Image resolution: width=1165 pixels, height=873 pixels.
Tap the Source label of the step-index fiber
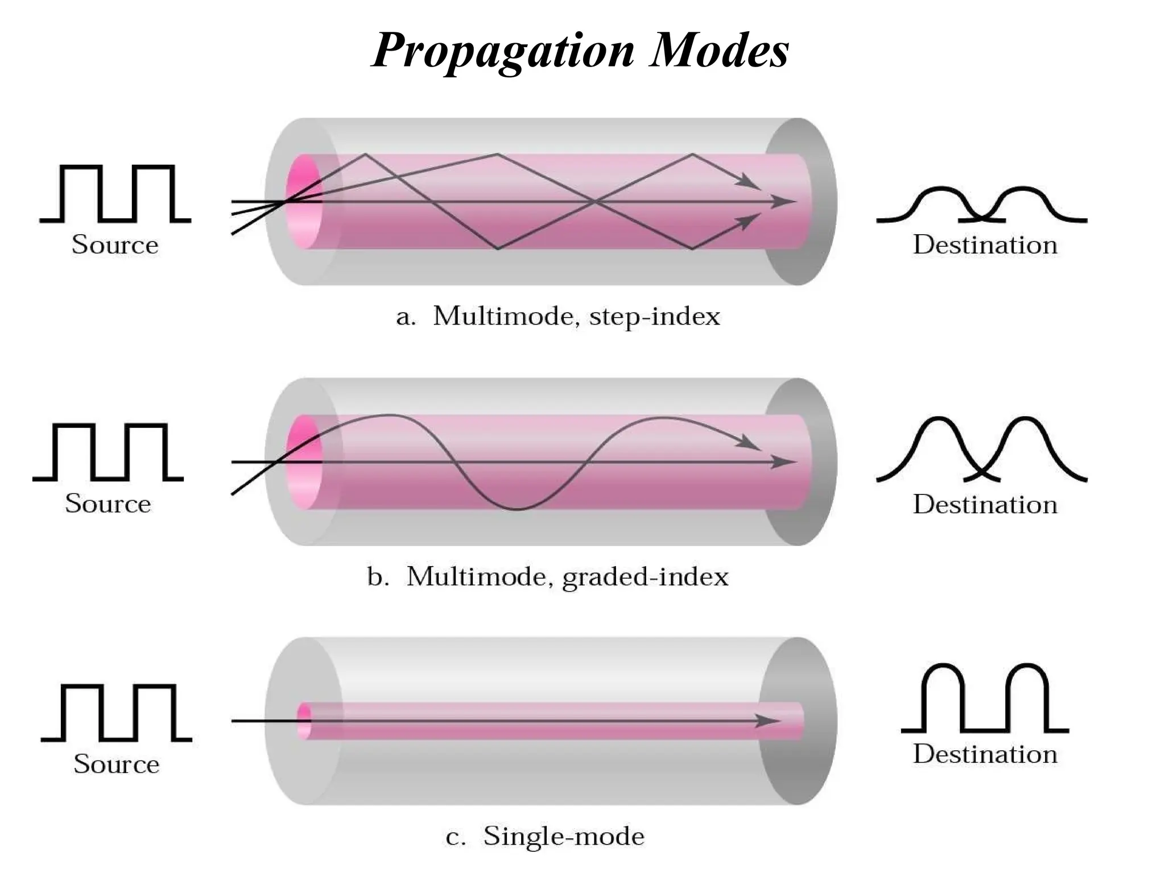coord(115,245)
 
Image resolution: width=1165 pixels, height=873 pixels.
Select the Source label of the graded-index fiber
coord(108,504)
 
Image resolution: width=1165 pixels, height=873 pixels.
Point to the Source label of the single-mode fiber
coord(116,764)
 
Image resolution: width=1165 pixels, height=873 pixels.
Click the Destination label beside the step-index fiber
coord(985,245)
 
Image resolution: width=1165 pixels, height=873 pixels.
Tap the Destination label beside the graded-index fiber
coord(985,505)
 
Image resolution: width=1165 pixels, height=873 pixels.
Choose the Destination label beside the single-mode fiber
coord(985,754)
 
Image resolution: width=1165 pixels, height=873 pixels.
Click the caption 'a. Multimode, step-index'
coord(558,316)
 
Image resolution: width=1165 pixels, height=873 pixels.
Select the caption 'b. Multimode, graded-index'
coord(548,577)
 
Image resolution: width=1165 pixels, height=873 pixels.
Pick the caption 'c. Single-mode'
coord(545,836)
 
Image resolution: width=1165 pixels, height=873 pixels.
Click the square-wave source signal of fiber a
coord(115,193)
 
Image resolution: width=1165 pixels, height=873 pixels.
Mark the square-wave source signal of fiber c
coord(116,713)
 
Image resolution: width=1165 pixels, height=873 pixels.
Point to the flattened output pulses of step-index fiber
coord(982,205)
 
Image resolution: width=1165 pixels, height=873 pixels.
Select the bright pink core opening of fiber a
coord(304,201)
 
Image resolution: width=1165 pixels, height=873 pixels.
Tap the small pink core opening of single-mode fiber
coord(305,721)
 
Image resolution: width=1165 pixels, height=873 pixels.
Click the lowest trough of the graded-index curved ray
coord(517,509)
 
